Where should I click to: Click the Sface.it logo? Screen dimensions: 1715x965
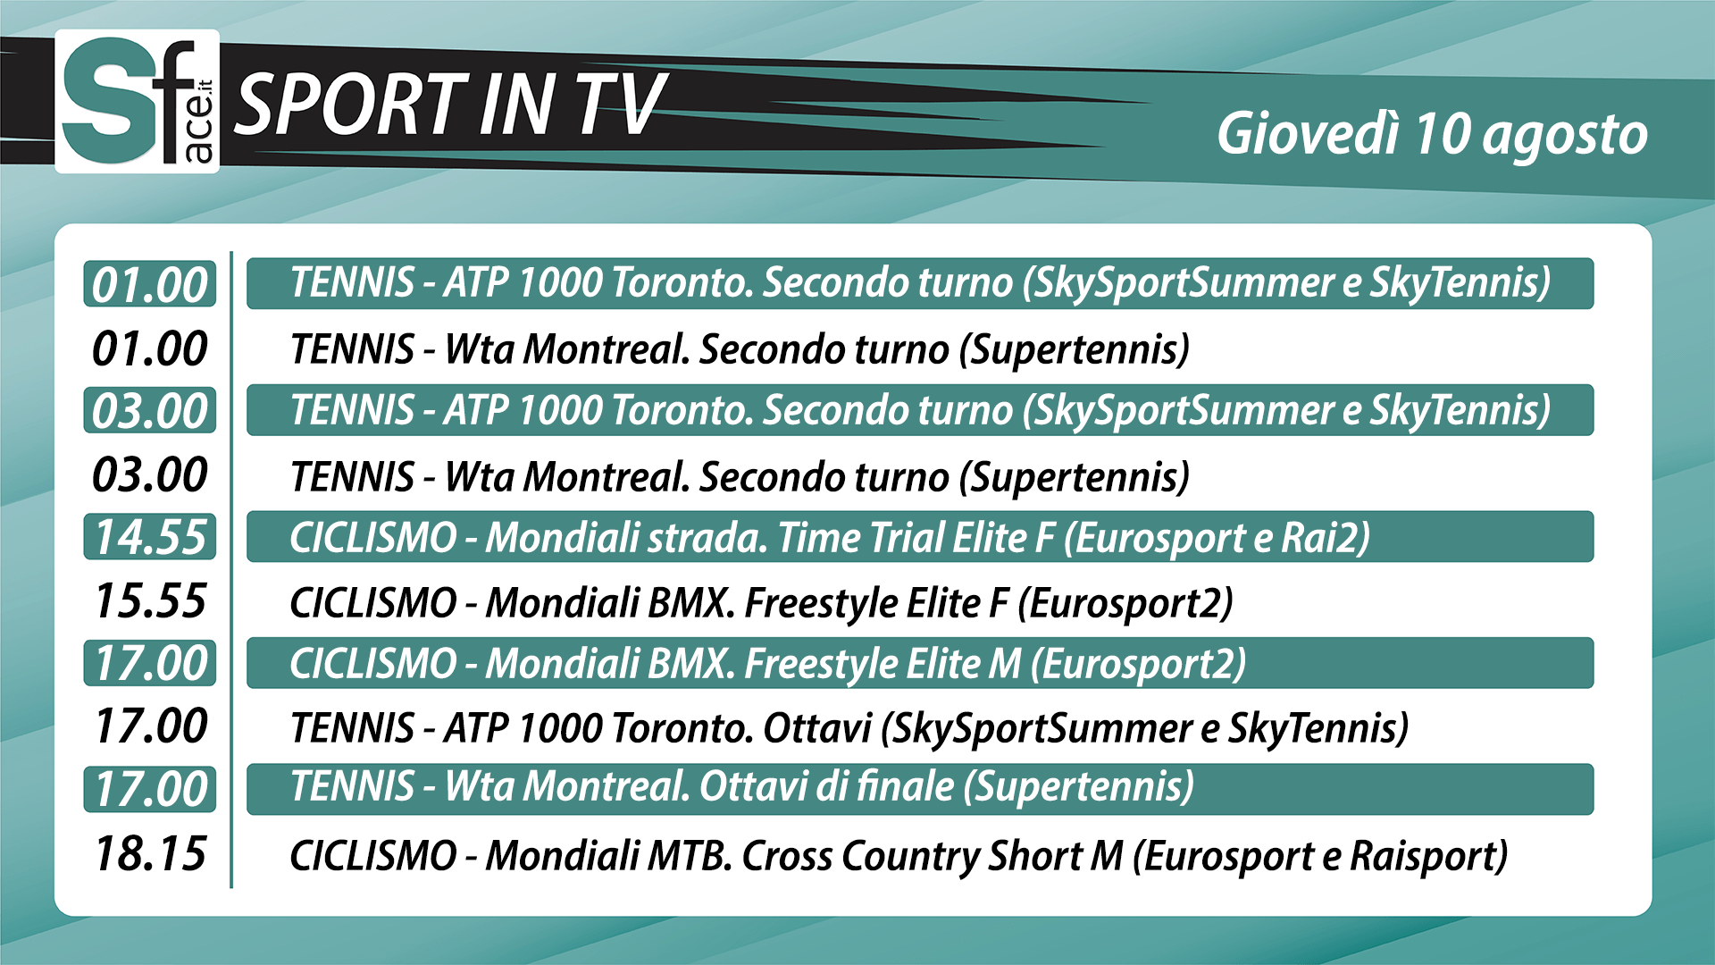point(138,101)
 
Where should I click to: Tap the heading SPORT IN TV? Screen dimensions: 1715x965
point(451,105)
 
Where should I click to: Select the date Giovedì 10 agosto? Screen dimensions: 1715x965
point(1432,135)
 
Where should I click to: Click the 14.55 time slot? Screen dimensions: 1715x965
point(150,537)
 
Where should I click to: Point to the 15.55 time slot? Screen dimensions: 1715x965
point(150,600)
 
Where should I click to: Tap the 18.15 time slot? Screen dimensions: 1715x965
point(150,853)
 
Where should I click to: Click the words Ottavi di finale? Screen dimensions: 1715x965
point(827,787)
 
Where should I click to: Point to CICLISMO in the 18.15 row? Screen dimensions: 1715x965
point(373,856)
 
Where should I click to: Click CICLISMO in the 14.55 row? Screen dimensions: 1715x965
point(373,538)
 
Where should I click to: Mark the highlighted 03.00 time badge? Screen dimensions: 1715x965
point(150,410)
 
